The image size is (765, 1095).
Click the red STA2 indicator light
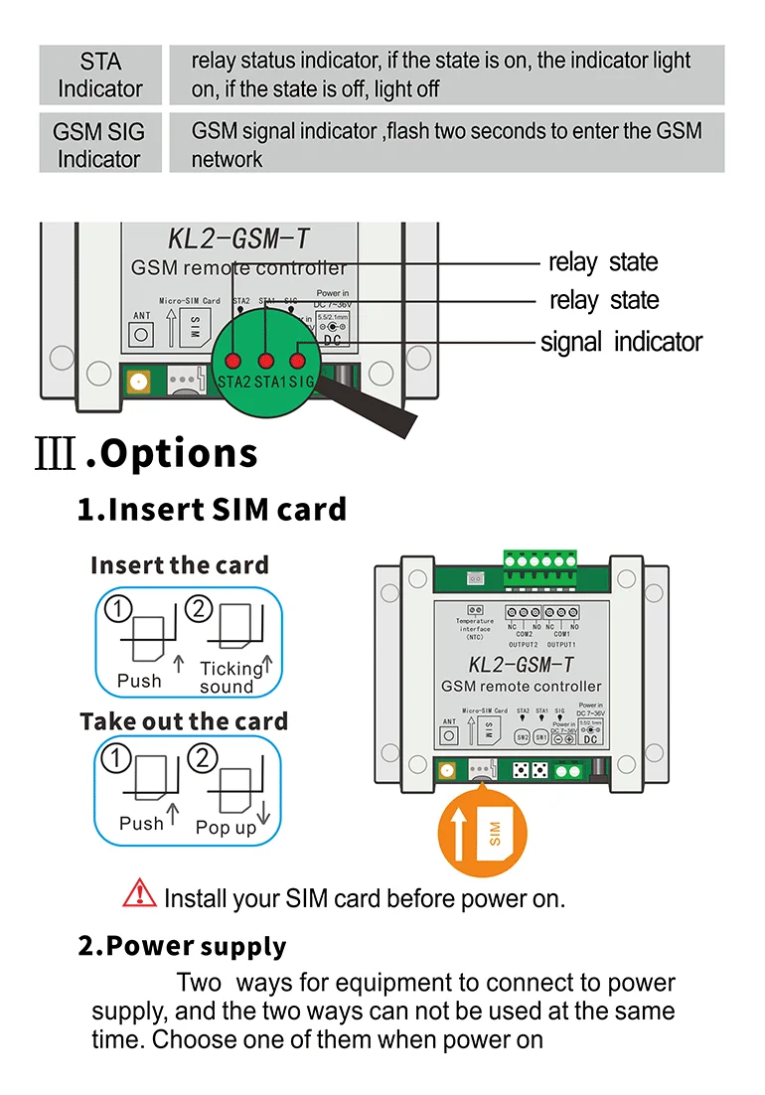tap(233, 360)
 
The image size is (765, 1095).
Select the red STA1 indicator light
tap(266, 360)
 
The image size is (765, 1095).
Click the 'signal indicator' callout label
tap(621, 343)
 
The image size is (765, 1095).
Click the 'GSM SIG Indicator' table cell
tap(99, 144)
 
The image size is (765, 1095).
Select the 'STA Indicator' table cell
tap(99, 75)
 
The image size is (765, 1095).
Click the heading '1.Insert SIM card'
tap(213, 510)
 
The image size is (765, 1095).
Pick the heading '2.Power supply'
tap(182, 946)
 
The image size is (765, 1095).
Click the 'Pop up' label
tap(226, 828)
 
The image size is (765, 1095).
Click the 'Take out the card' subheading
tap(184, 721)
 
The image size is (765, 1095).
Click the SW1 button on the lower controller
tap(541, 738)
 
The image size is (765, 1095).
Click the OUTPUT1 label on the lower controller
tap(561, 644)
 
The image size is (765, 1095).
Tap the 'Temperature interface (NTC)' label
tap(475, 629)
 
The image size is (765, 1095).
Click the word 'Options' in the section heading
tap(179, 454)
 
